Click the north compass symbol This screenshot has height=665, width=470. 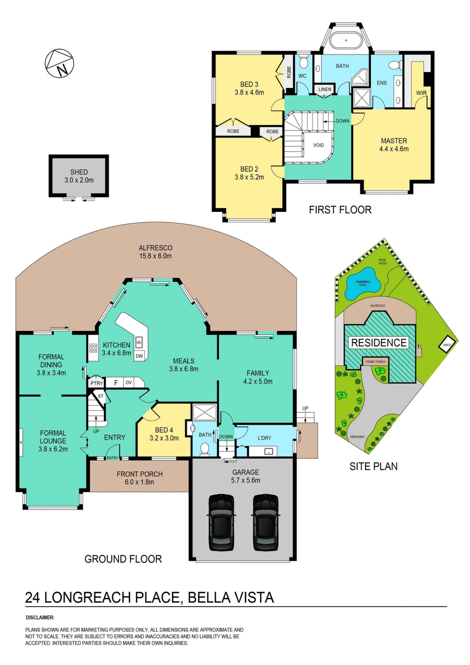point(59,63)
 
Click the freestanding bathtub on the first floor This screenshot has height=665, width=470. point(346,41)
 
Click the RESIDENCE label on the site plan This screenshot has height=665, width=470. point(379,342)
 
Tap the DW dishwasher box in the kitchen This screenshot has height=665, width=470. point(139,356)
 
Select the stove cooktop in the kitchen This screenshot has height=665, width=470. point(93,348)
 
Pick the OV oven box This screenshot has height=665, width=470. point(129,383)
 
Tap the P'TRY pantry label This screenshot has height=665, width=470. point(96,383)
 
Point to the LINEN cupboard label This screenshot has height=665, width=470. point(325,89)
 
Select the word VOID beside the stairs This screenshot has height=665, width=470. point(318,145)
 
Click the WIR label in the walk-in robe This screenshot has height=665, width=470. point(421,93)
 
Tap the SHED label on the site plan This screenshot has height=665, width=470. point(447,345)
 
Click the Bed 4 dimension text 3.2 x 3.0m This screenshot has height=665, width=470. point(164,438)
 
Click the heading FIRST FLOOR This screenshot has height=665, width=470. point(340,210)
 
